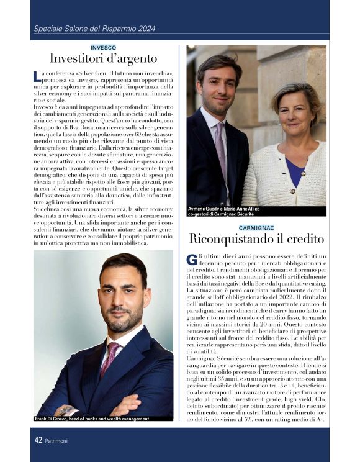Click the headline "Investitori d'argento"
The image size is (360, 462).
coord(103,59)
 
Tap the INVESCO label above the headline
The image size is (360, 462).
coord(103,47)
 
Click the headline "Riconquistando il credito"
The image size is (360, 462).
coord(257,240)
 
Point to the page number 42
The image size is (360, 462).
coord(38,440)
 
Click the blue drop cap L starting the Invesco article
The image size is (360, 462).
coord(37,76)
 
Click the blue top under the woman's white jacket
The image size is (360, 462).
coord(295,172)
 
